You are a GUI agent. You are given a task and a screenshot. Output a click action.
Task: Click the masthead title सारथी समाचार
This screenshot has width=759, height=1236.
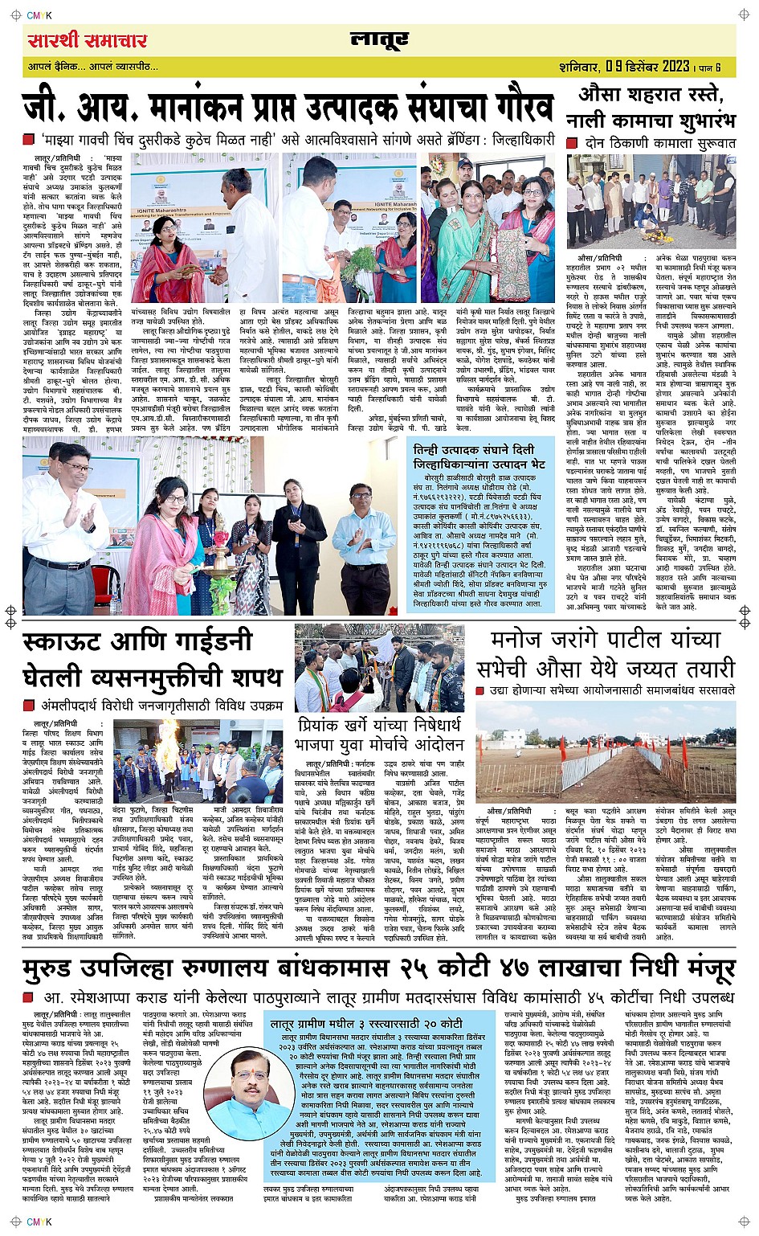point(88,40)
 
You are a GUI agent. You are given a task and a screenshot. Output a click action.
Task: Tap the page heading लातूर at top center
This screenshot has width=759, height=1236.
point(379,39)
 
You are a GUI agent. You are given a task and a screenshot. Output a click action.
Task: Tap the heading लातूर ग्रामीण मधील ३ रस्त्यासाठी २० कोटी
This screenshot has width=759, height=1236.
point(366,1024)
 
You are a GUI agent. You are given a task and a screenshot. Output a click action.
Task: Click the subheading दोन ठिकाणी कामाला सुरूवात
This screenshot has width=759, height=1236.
point(659,142)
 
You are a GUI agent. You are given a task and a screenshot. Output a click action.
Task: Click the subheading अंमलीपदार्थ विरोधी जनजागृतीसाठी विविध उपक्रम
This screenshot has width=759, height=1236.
point(161,705)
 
